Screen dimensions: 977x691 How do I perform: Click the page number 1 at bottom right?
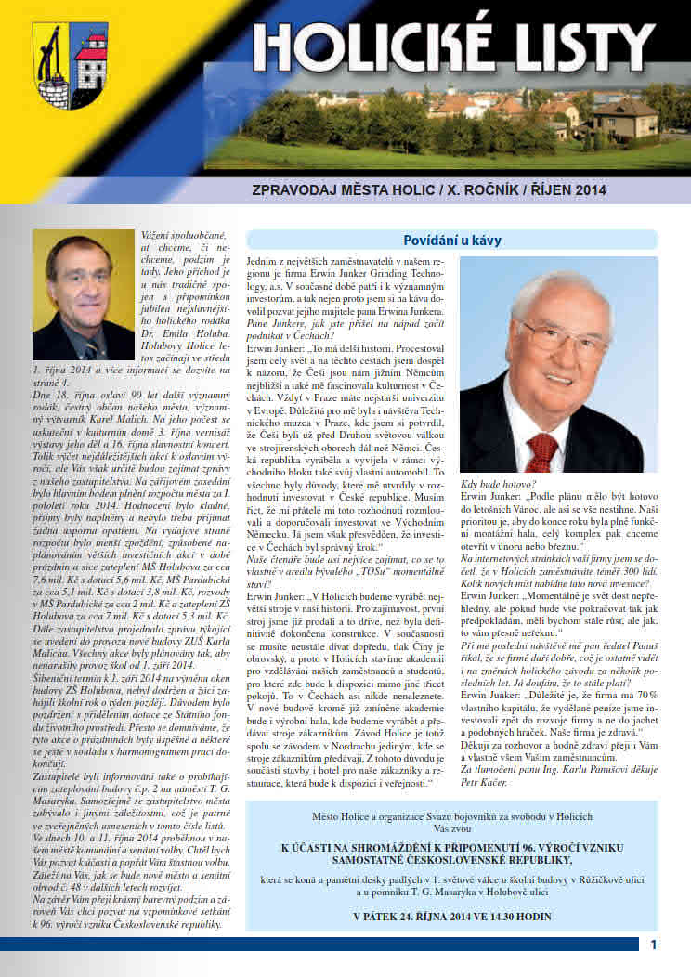click(654, 944)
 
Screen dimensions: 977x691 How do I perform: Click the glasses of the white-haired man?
click(562, 332)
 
